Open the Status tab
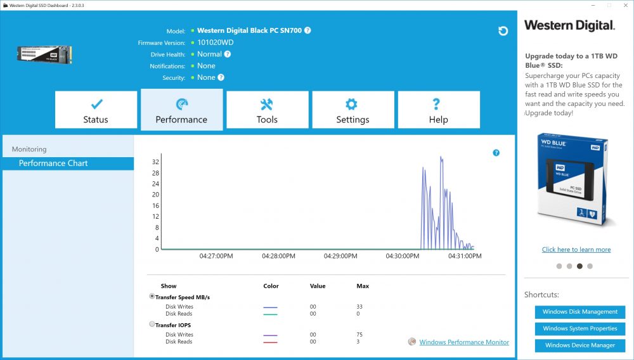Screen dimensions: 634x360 click(x=96, y=110)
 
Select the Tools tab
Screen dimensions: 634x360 click(x=268, y=110)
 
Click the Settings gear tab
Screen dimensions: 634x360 click(x=353, y=110)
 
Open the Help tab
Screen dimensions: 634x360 click(x=439, y=110)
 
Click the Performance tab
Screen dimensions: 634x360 click(x=181, y=110)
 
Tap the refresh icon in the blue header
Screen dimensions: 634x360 click(x=503, y=31)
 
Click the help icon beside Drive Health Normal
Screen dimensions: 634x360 click(x=228, y=54)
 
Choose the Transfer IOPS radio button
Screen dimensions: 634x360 click(x=152, y=324)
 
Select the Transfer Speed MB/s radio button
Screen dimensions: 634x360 click(x=152, y=296)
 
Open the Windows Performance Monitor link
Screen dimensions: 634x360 click(x=464, y=342)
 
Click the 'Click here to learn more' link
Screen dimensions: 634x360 click(x=576, y=250)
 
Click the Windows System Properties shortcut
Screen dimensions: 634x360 click(x=580, y=328)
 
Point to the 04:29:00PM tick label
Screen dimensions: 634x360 click(x=340, y=256)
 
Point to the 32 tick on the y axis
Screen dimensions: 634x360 click(x=156, y=162)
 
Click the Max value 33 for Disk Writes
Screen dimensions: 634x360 click(x=359, y=307)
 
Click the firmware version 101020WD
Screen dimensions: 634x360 click(x=215, y=42)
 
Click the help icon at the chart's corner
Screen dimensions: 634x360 click(x=496, y=153)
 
